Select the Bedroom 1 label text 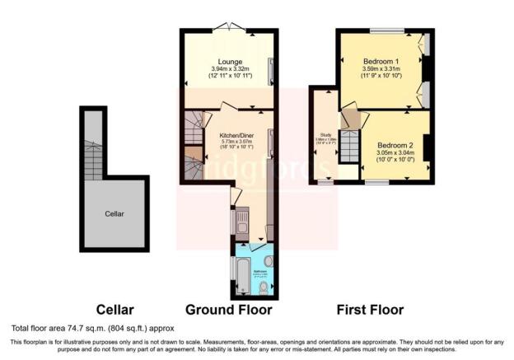[381, 61]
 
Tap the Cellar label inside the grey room [114, 213]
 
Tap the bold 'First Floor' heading [370, 311]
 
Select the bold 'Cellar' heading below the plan [114, 311]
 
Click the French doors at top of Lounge [229, 30]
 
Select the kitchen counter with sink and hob [242, 220]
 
